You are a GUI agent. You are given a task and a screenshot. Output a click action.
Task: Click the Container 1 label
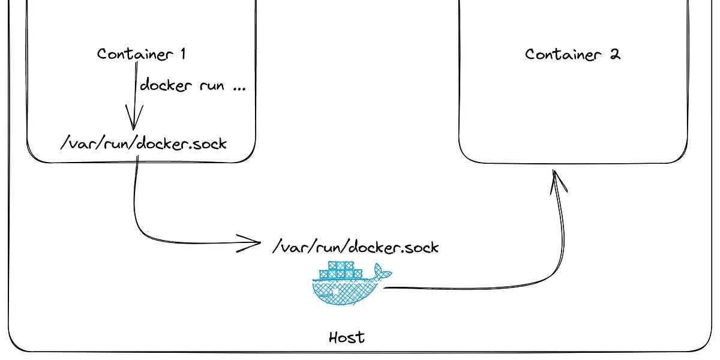click(x=142, y=54)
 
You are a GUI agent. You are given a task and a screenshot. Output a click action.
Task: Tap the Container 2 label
click(x=572, y=55)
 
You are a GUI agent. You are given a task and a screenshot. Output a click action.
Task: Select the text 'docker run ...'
click(x=193, y=86)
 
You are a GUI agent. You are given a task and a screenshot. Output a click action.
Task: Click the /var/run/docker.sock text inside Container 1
click(x=144, y=143)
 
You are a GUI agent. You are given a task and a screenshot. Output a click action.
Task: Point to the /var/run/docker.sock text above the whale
click(x=355, y=247)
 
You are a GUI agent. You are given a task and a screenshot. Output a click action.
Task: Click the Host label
click(x=347, y=337)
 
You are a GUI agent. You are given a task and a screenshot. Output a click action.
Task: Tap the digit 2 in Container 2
click(x=614, y=55)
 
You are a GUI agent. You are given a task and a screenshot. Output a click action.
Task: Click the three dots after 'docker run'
click(x=238, y=88)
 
